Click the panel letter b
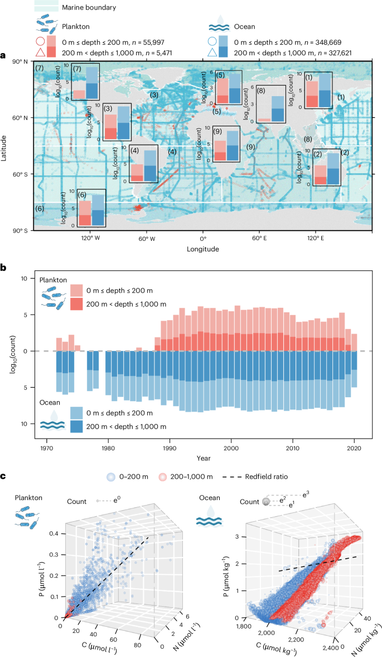pyautogui.click(x=4, y=268)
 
